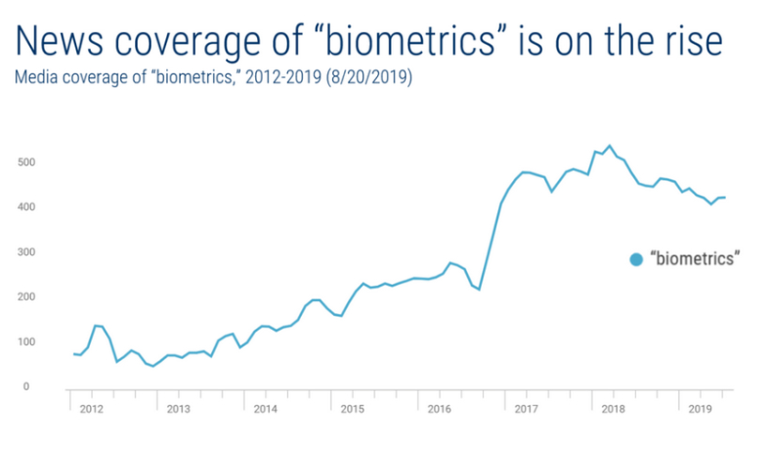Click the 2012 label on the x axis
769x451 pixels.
(x=91, y=409)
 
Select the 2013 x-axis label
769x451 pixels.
(x=178, y=409)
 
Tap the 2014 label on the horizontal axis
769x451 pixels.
(x=265, y=409)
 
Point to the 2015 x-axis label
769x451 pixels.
(x=353, y=409)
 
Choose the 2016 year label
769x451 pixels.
(x=439, y=409)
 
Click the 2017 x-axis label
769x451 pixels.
(x=526, y=409)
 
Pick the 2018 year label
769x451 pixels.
(x=613, y=409)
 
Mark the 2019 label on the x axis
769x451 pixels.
(x=700, y=409)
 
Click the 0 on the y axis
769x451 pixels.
(x=27, y=386)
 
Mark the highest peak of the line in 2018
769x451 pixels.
(x=610, y=145)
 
